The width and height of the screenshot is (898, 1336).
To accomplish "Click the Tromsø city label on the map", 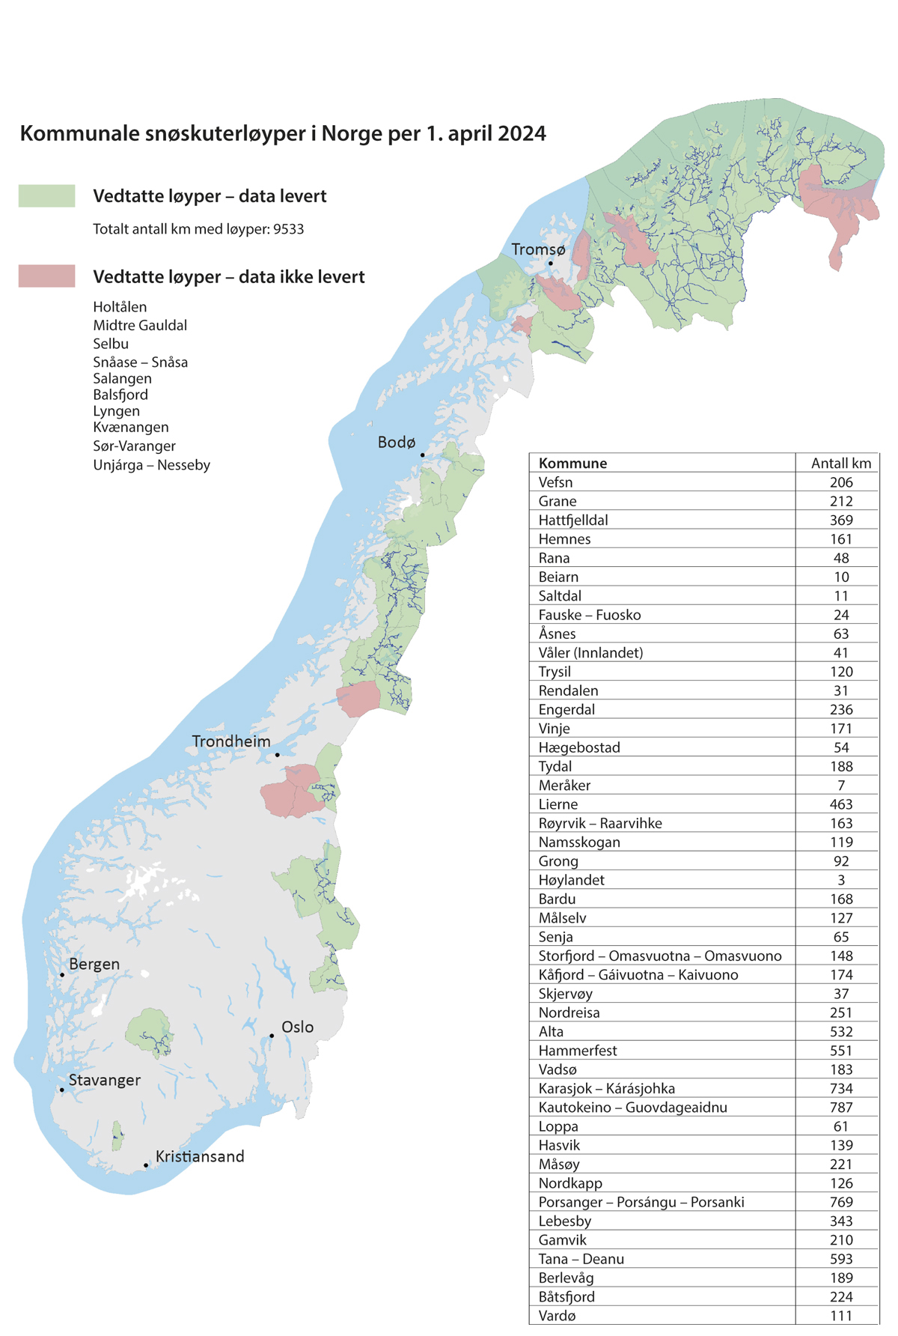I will [x=538, y=249].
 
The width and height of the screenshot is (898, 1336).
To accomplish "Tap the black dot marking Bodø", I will [x=422, y=455].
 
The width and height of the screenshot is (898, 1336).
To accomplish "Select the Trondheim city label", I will [x=231, y=741].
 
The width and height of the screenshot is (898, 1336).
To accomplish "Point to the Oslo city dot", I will [x=272, y=1036].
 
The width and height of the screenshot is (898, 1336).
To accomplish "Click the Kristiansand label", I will [x=200, y=1156].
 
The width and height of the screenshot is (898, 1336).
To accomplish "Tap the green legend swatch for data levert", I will [x=46, y=196].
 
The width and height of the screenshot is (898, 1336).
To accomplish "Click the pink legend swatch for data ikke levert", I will [x=46, y=276].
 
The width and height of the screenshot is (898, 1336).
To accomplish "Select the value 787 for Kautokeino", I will [x=841, y=1108].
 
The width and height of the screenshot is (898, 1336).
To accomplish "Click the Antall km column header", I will [x=841, y=464].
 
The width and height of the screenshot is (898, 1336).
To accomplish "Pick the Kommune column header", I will [x=572, y=464].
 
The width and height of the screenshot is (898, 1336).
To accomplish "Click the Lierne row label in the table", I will [x=558, y=804].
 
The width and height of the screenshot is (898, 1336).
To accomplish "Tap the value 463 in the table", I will [x=841, y=804].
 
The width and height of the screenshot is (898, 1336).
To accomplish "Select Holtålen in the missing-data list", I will [x=120, y=307].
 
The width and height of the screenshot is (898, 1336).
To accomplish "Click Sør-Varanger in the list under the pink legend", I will [x=134, y=446].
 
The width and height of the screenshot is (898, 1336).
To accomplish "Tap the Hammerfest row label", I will [x=578, y=1051].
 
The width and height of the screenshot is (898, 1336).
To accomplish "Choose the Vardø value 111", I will [x=841, y=1316].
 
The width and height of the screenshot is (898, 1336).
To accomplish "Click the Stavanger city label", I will [x=104, y=1080].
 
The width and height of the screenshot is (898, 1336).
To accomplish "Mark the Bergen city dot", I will [x=62, y=974].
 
